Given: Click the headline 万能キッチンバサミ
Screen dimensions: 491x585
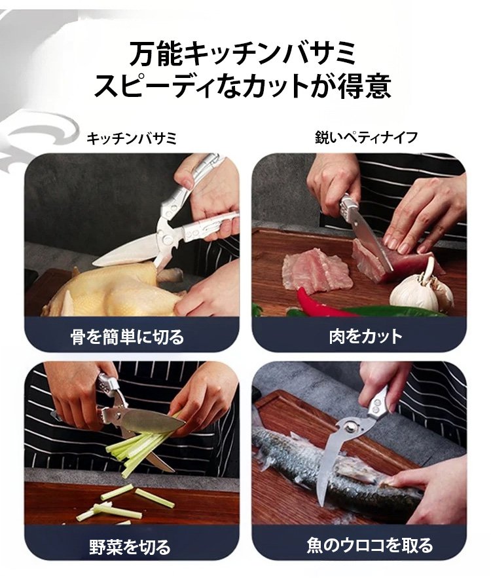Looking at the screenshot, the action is (242, 54).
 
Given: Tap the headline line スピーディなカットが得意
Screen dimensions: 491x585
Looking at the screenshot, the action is (242, 87).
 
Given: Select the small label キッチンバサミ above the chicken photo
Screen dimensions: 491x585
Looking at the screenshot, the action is (131, 139).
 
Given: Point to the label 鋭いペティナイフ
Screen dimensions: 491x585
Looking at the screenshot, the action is (366, 138).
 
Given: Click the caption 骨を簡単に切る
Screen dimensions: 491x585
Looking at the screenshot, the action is (128, 337).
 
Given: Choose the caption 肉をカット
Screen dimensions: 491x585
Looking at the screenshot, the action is (366, 337).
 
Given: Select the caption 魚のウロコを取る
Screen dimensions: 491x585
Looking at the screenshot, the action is (370, 545).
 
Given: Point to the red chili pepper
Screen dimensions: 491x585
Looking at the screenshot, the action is (324, 303).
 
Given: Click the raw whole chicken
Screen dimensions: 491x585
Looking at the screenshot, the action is (112, 289).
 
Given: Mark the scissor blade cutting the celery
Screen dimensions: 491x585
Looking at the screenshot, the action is (153, 423).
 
